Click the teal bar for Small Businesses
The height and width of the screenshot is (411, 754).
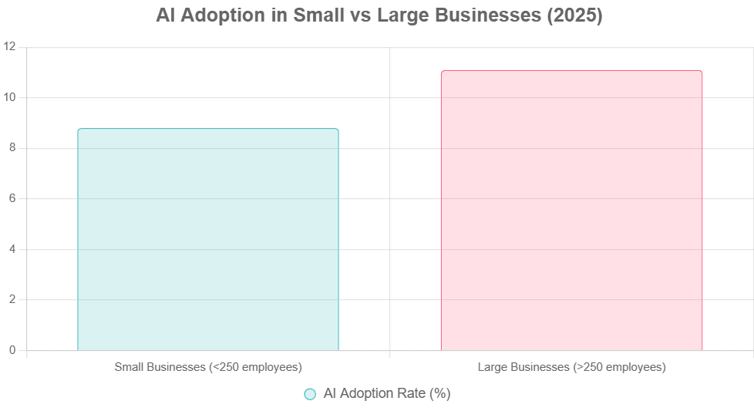208,239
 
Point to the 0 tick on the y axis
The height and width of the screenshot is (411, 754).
12,351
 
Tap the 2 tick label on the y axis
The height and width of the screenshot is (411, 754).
12,300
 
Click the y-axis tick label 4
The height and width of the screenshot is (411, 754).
12,250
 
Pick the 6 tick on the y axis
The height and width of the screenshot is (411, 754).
12,199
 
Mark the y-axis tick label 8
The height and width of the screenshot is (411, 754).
12,148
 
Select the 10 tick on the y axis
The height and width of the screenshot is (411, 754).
11,98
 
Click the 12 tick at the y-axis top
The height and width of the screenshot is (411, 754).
11,48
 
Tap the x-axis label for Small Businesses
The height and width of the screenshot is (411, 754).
208,367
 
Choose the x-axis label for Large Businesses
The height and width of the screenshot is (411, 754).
571,367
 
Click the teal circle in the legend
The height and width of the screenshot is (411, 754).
310,394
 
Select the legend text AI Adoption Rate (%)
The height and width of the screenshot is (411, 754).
386,394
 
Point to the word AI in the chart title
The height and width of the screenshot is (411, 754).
163,15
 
